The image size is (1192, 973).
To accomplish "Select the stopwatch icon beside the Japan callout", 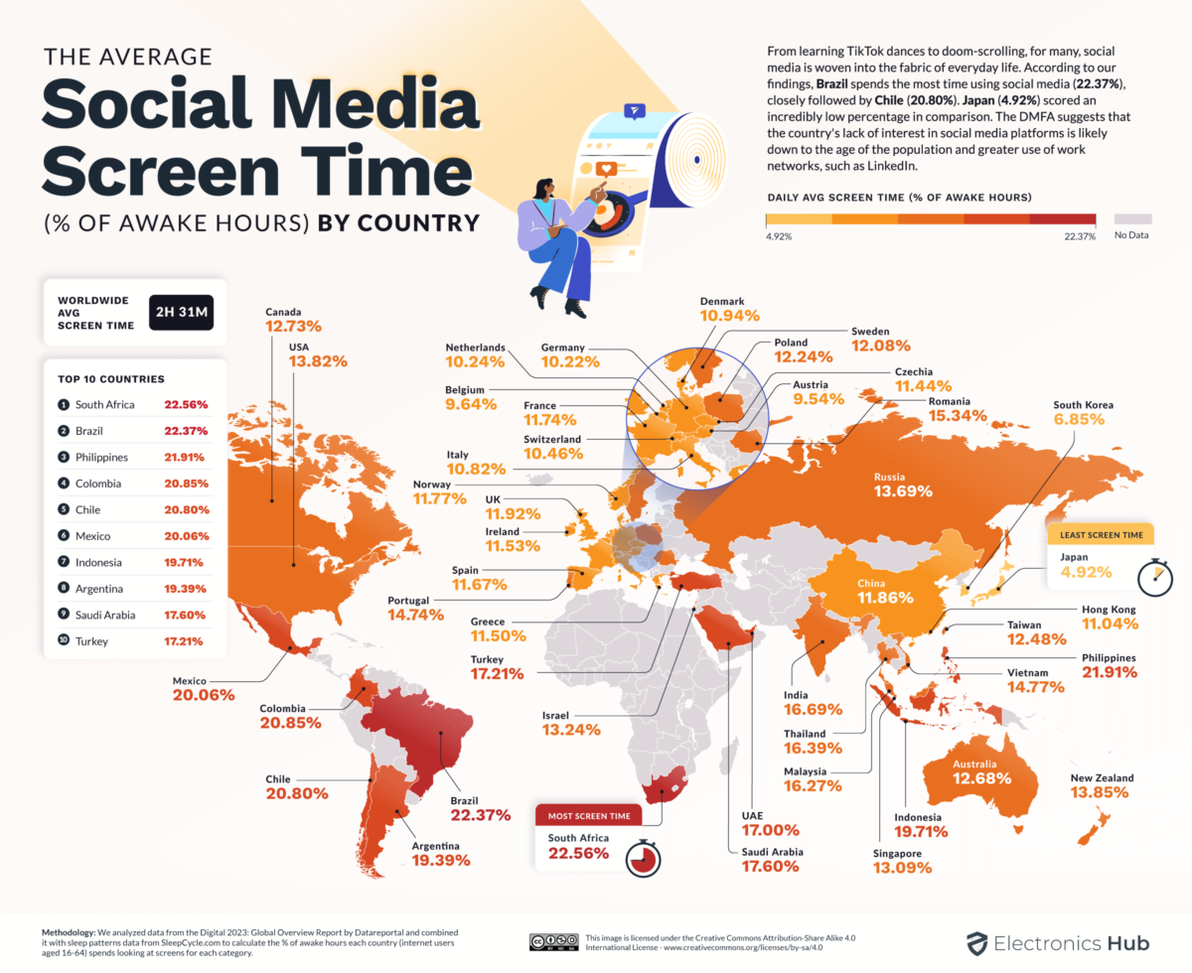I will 1153,577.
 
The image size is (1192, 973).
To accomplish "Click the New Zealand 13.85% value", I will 1100,796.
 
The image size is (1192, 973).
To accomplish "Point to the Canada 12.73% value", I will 294,326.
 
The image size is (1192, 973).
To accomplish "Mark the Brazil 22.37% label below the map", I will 478,815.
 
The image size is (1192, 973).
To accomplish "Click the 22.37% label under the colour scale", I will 1078,236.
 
